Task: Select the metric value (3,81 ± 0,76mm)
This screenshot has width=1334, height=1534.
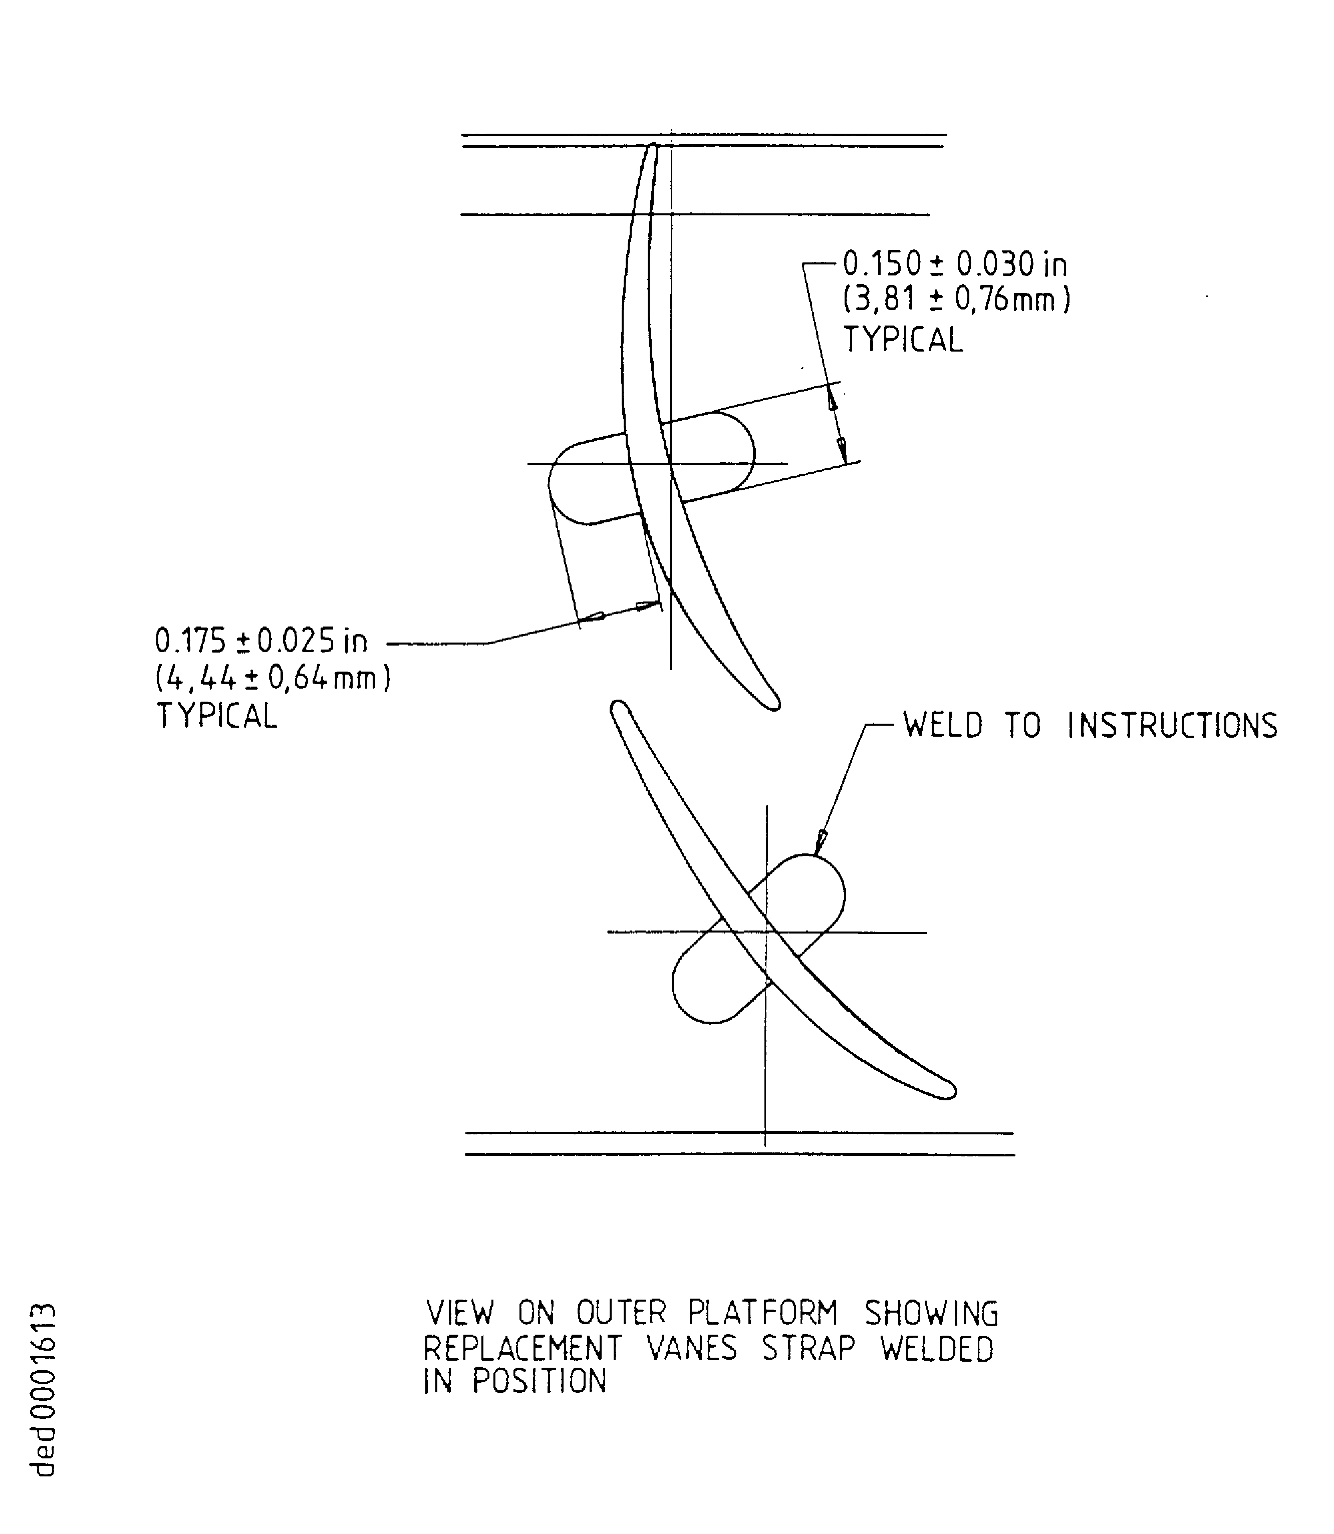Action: tap(957, 300)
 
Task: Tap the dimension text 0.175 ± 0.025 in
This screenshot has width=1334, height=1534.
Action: tap(260, 641)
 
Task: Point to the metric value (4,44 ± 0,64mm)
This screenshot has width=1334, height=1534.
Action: tap(273, 678)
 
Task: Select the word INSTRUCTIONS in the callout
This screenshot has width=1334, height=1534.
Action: tap(1173, 725)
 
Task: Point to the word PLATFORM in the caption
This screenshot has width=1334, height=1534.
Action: tap(762, 1314)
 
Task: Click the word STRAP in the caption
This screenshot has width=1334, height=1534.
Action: tap(809, 1348)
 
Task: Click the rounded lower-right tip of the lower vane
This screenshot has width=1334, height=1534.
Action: tap(949, 1091)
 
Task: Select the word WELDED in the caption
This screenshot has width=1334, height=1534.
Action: tap(937, 1348)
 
